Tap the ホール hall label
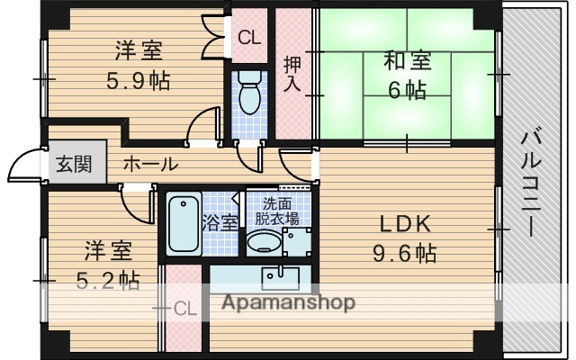tap(149, 165)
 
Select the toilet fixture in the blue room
tap(249, 91)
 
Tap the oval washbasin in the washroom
tap(264, 242)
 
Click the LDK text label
tap(405, 224)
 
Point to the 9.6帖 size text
tap(405, 254)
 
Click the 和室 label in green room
tap(407, 61)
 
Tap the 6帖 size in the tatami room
tap(407, 91)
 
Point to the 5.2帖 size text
tap(108, 280)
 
